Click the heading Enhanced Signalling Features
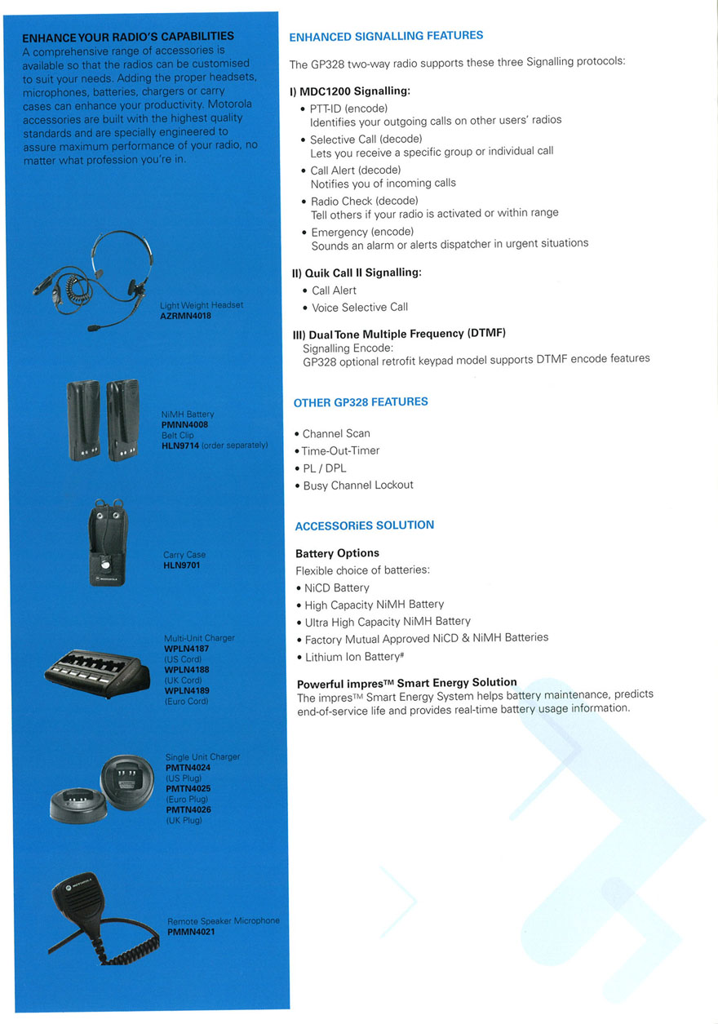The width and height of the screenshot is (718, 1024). (386, 36)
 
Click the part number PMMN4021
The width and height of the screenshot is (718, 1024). (191, 931)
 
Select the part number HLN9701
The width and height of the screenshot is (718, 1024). (181, 565)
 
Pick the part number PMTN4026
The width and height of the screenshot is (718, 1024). (188, 809)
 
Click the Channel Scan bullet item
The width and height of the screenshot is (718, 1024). (336, 433)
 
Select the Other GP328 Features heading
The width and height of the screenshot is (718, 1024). (361, 402)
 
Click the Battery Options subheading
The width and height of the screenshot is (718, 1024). (337, 553)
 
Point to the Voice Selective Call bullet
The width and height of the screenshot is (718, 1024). (360, 308)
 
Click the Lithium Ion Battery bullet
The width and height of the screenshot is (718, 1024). (350, 657)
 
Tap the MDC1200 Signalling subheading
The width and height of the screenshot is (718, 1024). (350, 91)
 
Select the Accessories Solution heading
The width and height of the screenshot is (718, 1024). (364, 525)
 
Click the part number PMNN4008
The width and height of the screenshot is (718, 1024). (185, 425)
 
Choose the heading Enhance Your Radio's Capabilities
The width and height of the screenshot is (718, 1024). (128, 37)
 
